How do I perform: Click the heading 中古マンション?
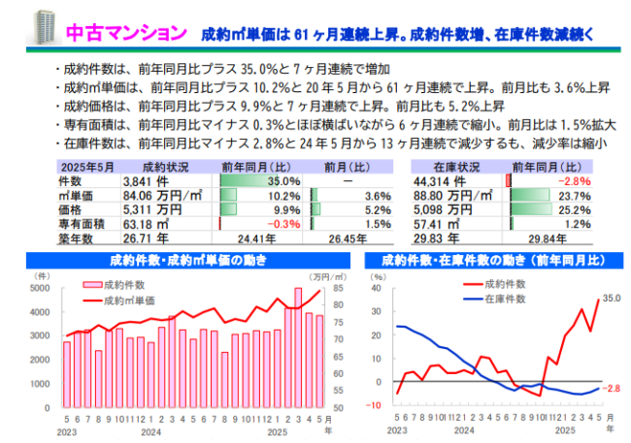[125, 33]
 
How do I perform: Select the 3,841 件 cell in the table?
[146, 180]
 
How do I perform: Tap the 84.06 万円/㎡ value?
[162, 195]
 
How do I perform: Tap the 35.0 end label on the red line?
[611, 298]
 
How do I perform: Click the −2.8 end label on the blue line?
[611, 388]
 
